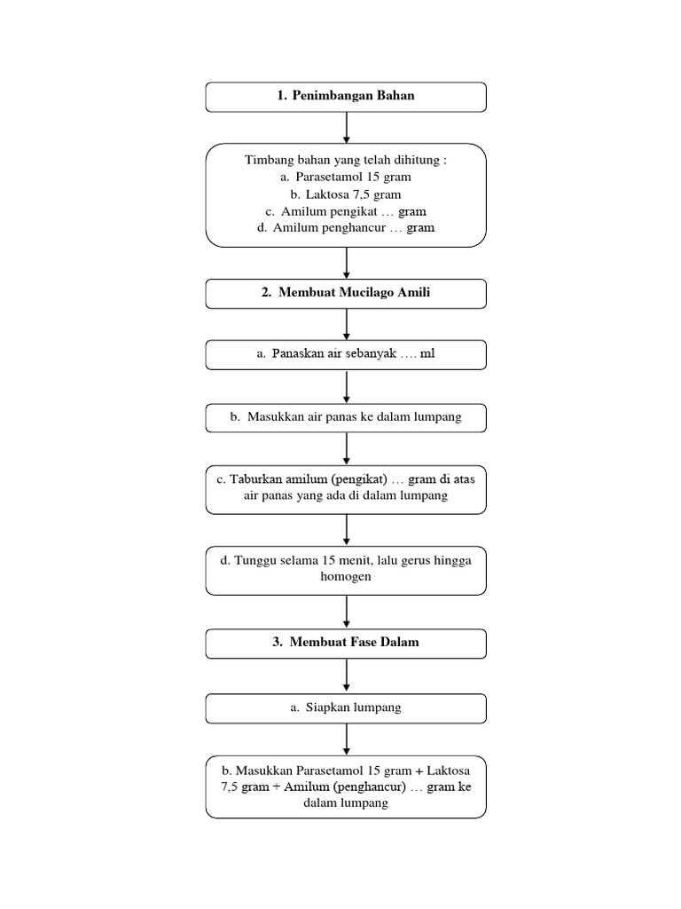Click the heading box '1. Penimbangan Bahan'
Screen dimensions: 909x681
coord(346,97)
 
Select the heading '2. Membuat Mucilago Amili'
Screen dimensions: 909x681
coord(346,294)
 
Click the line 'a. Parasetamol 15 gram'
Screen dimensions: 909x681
coord(346,177)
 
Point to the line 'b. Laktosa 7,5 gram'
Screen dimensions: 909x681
coord(346,194)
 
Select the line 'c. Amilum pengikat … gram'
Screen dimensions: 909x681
coord(346,211)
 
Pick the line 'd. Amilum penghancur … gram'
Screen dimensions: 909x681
coord(346,228)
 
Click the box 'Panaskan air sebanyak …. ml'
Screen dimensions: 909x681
coord(346,354)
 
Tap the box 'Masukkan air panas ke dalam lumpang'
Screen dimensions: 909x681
coord(346,418)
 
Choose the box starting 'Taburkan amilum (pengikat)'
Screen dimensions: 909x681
coord(346,488)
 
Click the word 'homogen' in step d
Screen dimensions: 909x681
coord(346,577)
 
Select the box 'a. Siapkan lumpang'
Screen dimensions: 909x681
coord(346,708)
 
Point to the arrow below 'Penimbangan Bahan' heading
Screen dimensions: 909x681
coord(346,128)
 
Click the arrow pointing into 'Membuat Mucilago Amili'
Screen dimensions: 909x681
coord(346,263)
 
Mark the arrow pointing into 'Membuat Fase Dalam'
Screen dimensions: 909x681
coord(346,612)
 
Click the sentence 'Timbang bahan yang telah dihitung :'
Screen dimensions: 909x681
coord(346,160)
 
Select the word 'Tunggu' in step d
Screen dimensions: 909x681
coord(254,561)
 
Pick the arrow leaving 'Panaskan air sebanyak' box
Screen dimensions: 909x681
coord(346,386)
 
